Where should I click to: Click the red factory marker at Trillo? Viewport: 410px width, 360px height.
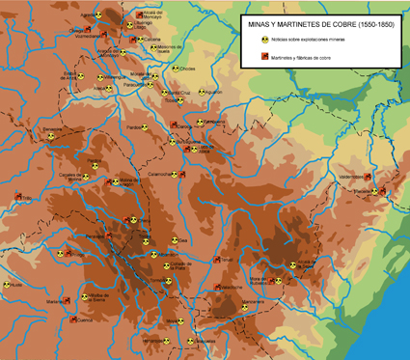(17, 197)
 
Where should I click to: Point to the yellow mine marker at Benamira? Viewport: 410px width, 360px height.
(49, 136)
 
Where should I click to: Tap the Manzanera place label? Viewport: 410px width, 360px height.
(253, 303)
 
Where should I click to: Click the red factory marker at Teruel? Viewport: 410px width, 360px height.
(215, 259)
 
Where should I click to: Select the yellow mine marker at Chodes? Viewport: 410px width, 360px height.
(176, 69)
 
